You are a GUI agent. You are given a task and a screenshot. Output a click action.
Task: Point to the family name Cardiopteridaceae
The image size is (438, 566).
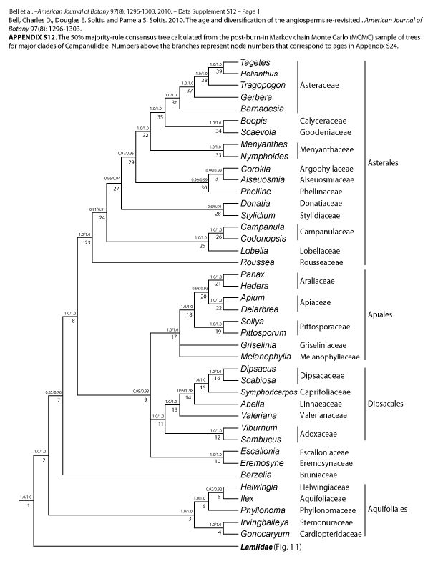pos(330,534)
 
